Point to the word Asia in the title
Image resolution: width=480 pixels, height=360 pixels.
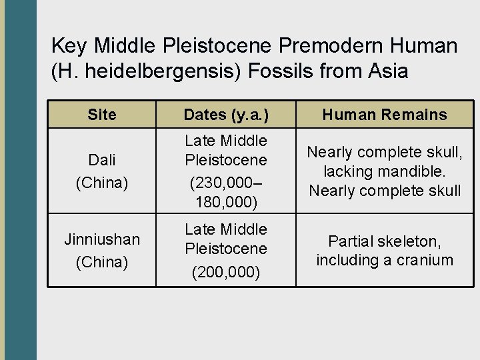pyautogui.click(x=383, y=71)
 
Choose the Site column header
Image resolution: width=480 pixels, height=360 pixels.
pyautogui.click(x=101, y=115)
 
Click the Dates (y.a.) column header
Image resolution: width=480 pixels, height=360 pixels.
pyautogui.click(x=226, y=115)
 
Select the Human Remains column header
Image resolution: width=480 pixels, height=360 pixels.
pyautogui.click(x=385, y=115)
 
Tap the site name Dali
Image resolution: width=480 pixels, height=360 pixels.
pyautogui.click(x=101, y=160)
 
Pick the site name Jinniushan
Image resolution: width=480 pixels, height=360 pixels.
pyautogui.click(x=101, y=239)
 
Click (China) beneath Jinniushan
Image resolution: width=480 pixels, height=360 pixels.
pyautogui.click(x=101, y=262)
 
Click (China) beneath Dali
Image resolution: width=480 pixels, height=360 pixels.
pyautogui.click(x=101, y=183)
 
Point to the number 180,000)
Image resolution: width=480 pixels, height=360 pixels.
pyautogui.click(x=226, y=201)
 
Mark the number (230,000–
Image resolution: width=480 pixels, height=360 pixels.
pyautogui.click(x=226, y=181)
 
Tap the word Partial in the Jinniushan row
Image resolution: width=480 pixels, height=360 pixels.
pyautogui.click(x=352, y=241)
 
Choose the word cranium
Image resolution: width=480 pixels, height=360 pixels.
pyautogui.click(x=424, y=260)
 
